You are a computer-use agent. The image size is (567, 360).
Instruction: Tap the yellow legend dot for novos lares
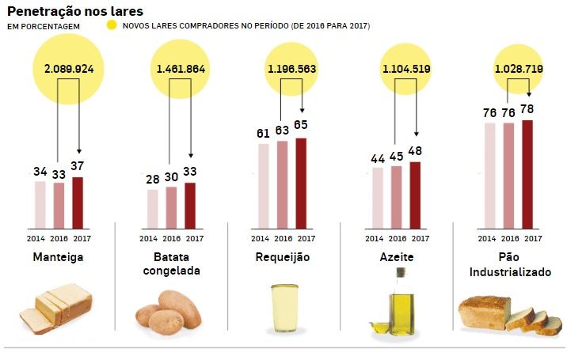[112, 26]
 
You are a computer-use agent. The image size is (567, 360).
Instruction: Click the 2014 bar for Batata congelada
[153, 207]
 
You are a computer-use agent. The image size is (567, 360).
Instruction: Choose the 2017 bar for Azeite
[416, 193]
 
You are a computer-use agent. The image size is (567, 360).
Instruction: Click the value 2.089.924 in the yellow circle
[68, 69]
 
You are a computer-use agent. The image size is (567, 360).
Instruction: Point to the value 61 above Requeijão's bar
[264, 133]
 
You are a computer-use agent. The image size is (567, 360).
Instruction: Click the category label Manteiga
[59, 257]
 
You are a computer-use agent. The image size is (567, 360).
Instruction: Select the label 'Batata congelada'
[171, 263]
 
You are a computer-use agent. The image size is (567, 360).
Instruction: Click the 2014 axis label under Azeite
[376, 238]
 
